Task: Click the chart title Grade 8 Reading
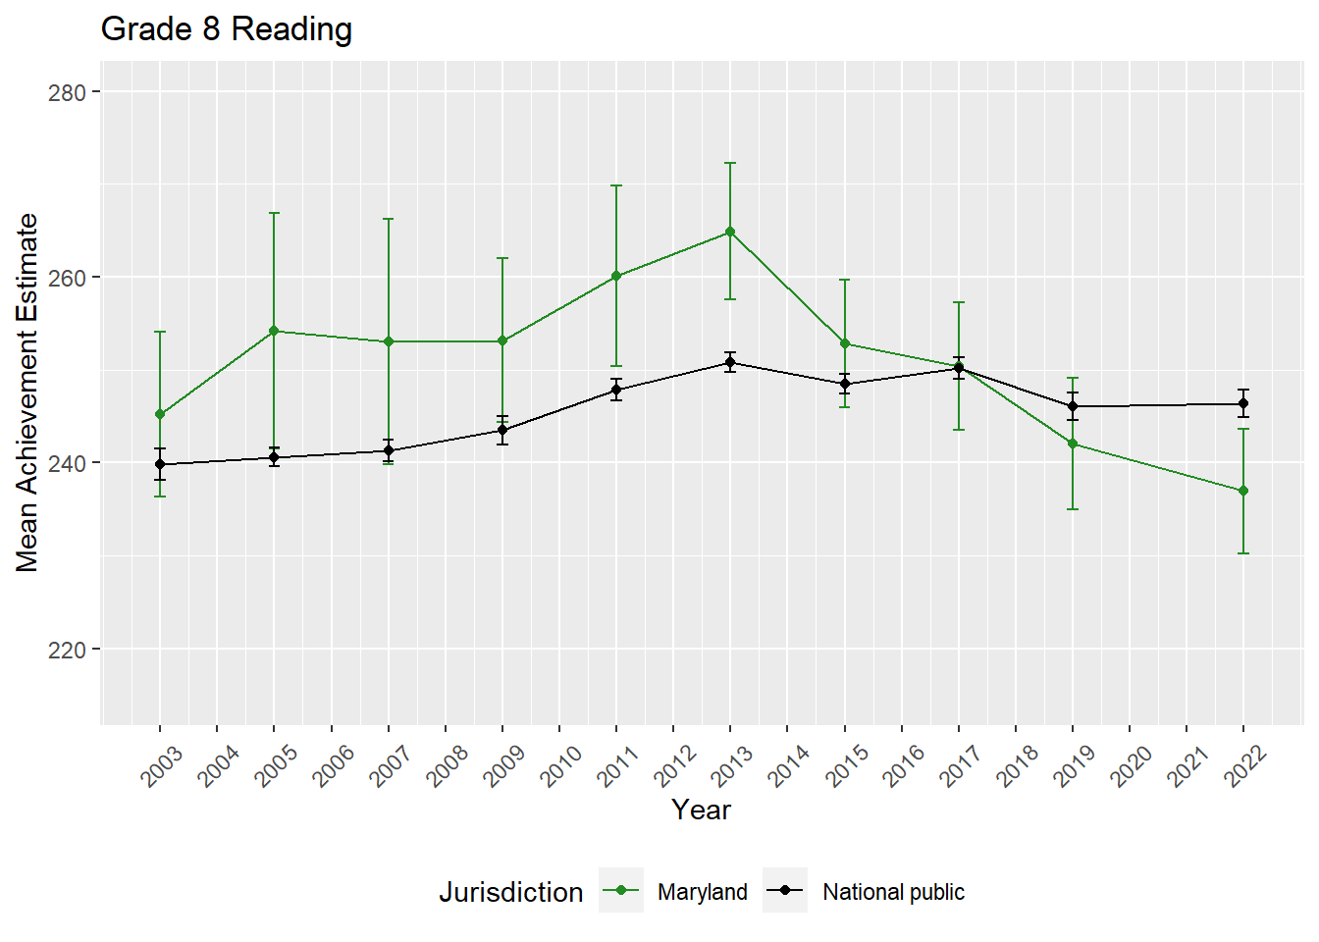coord(227,29)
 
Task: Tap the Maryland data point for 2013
coord(730,232)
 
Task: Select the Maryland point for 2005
coord(274,331)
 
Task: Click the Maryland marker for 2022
coord(1243,491)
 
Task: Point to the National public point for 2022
coord(1243,403)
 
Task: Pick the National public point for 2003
coord(160,464)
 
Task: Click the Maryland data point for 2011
coord(616,276)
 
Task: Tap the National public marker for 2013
coord(730,362)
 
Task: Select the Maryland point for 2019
coord(1073,444)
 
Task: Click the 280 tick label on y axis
coord(67,92)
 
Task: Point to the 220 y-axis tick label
coord(67,650)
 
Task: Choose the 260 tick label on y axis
coord(67,278)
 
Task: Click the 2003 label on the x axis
coord(162,765)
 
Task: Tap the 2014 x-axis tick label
coord(789,765)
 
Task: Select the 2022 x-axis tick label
coord(1245,765)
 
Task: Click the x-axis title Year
coord(701,810)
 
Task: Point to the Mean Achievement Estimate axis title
coord(27,392)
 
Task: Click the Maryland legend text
coord(702,892)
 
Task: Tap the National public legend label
coord(893,892)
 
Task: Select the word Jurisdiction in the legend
coord(510,892)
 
